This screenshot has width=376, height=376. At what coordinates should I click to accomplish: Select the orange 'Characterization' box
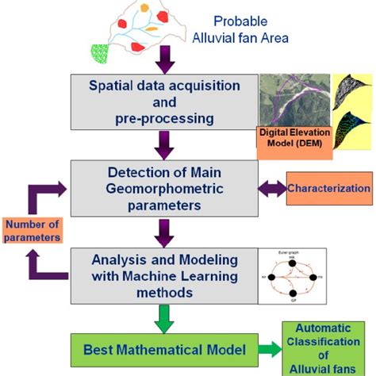(328, 190)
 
